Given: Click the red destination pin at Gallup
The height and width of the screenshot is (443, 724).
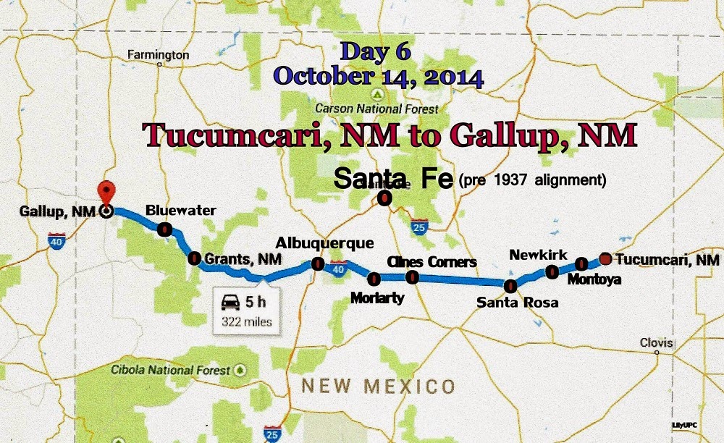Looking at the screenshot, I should [x=106, y=192].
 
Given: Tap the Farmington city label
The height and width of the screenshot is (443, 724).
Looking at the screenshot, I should [x=158, y=55].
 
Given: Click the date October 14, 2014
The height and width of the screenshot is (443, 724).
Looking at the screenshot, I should [x=379, y=75].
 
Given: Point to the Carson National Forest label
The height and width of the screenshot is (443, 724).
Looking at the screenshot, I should [x=376, y=109].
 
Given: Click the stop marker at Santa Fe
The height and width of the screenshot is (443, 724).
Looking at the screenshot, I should [x=386, y=196].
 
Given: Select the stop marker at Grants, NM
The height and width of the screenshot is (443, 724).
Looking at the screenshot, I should [x=194, y=258].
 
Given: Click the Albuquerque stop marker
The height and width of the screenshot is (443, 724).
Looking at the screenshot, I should [x=317, y=264].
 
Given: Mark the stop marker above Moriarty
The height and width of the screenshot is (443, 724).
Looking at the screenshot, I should [x=374, y=278].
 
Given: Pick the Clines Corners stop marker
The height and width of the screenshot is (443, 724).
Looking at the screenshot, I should [x=412, y=277].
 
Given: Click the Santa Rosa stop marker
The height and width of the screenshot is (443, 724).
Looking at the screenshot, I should [x=510, y=285].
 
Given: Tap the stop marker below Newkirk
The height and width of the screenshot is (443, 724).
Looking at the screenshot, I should [x=552, y=271].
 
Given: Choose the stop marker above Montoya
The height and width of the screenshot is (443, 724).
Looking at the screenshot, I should [x=581, y=263].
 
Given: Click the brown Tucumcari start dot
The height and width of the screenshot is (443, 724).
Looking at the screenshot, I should [x=605, y=258].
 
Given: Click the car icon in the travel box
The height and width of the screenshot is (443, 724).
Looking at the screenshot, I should [x=231, y=303].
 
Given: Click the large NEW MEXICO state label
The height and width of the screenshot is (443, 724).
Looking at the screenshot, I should [x=378, y=386].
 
